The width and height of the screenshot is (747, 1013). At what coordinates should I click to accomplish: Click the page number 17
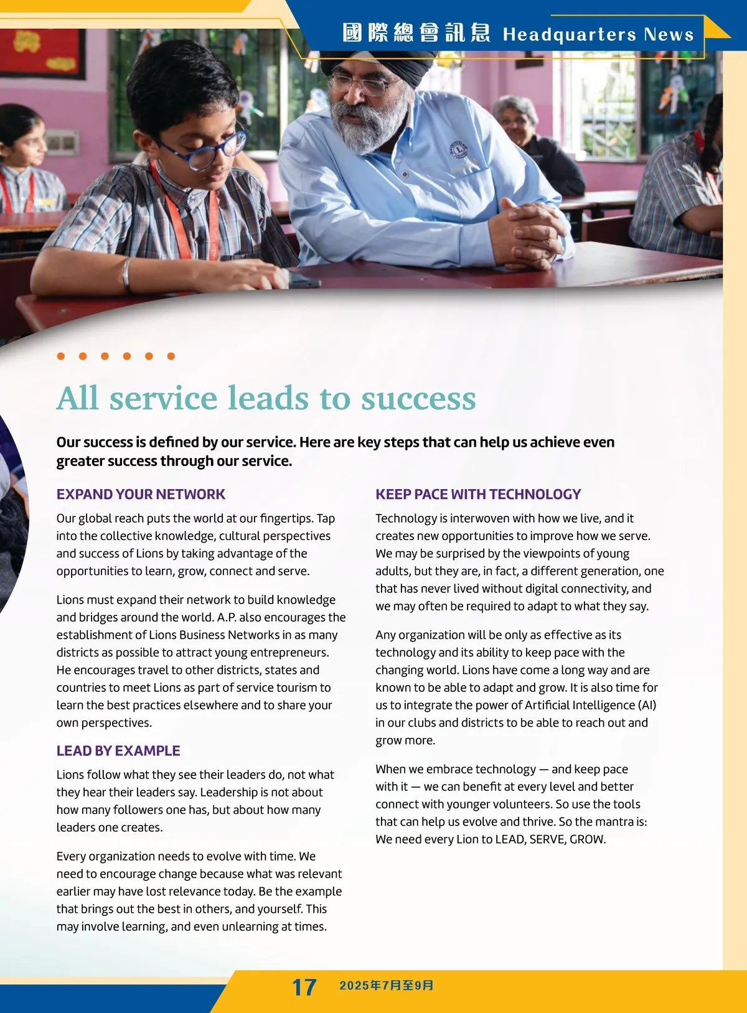click(304, 987)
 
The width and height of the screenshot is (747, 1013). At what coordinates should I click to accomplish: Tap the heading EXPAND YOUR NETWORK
click(141, 494)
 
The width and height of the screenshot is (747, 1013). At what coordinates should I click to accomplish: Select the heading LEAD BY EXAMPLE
click(118, 750)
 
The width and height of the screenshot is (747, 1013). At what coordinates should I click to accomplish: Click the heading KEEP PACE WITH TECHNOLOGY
click(477, 494)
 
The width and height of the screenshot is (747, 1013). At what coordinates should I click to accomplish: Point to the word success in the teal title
click(418, 398)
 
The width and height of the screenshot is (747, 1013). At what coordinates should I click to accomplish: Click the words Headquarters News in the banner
click(598, 34)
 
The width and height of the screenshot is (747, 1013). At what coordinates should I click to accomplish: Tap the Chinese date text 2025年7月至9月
click(386, 986)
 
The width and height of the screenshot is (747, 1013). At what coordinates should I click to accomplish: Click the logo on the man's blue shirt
click(459, 151)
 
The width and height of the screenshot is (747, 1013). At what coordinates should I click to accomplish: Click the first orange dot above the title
click(61, 356)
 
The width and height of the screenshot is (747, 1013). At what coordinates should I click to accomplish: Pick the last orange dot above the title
click(171, 356)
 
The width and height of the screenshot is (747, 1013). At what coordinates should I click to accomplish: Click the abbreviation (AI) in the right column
click(647, 705)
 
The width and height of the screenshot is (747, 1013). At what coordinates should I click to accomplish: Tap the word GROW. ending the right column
click(587, 839)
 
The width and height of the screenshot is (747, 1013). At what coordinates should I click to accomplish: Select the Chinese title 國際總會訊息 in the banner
click(416, 33)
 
